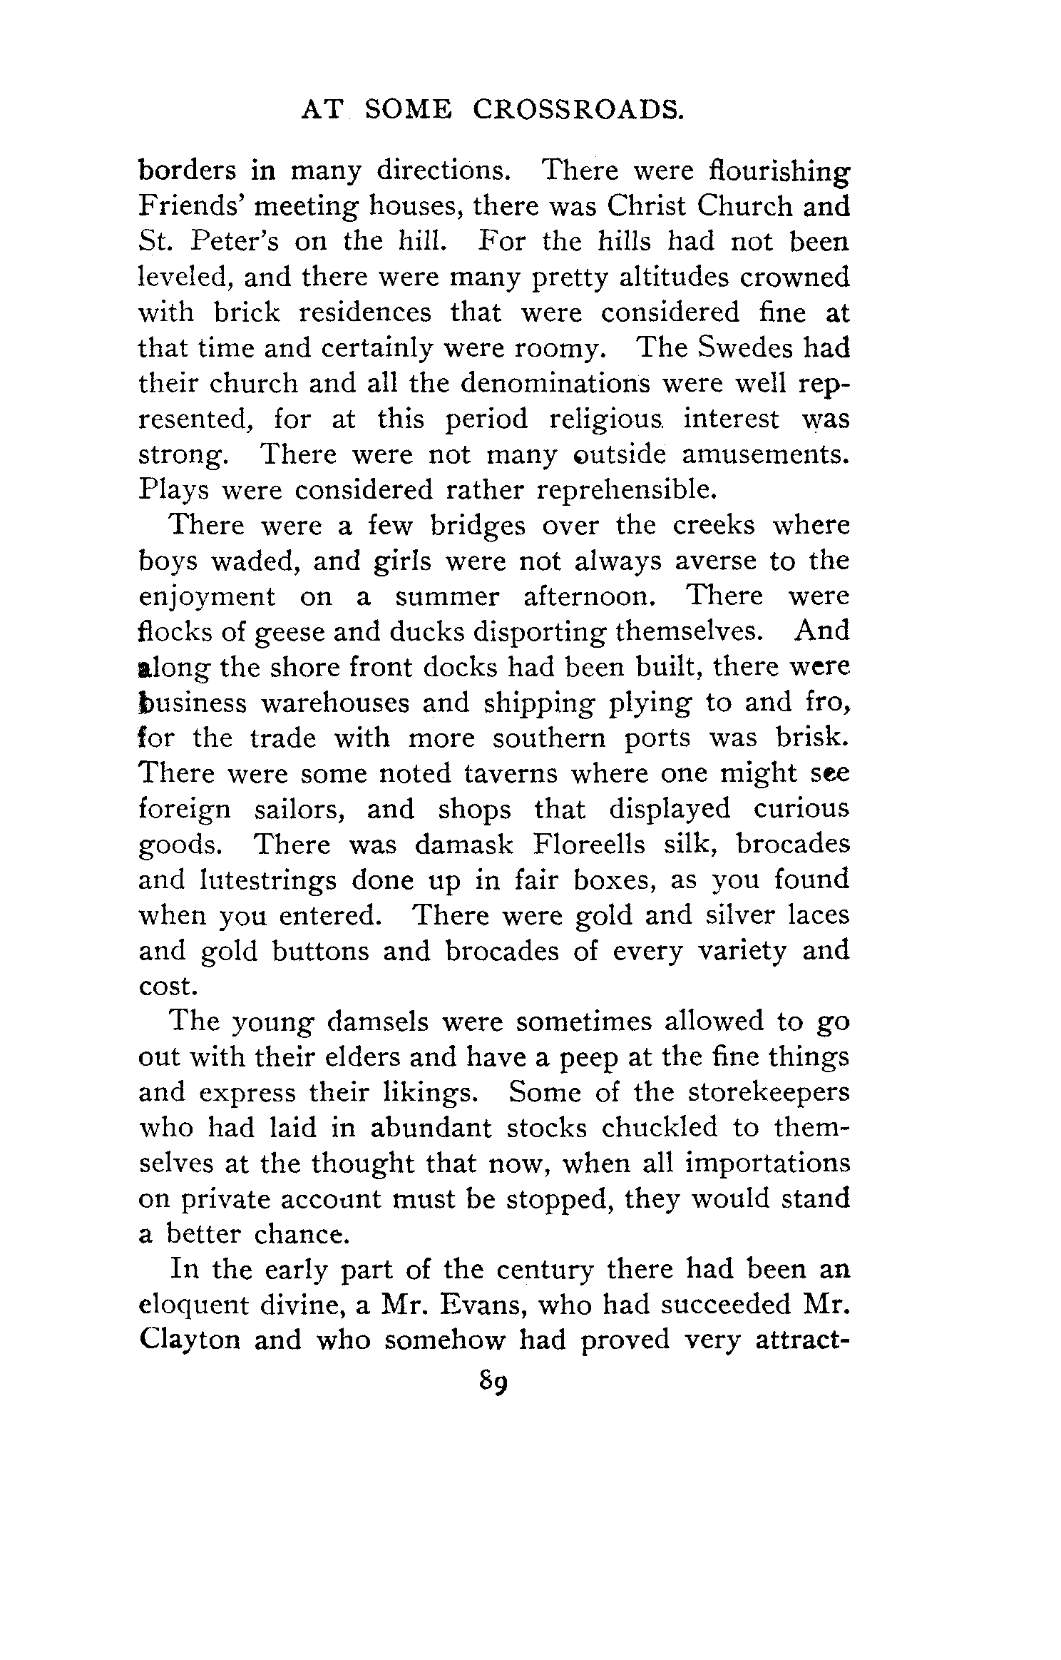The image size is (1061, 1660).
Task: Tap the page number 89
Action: pyautogui.click(x=493, y=1382)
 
